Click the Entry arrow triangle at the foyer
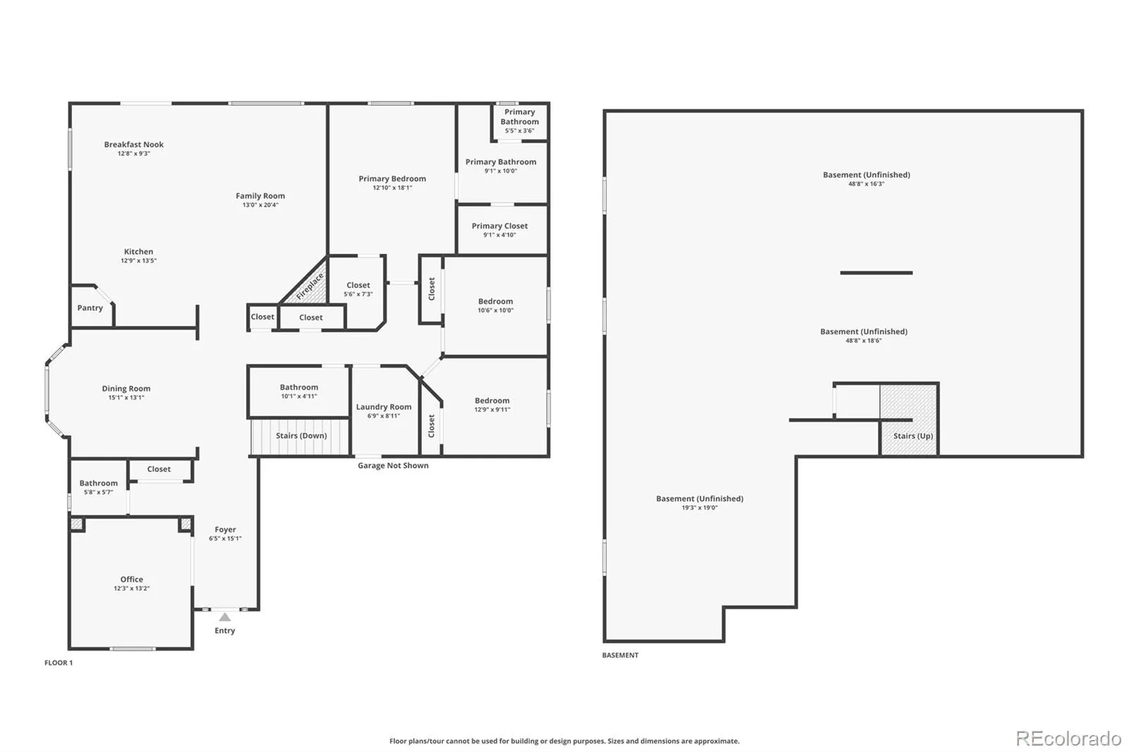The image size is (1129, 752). tap(225, 617)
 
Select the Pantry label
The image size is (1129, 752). tap(90, 308)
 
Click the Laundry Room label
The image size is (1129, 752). tap(384, 407)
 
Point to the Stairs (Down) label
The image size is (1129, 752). tap(301, 435)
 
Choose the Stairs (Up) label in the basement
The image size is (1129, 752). tap(913, 436)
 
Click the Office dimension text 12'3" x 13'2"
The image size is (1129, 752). tap(131, 588)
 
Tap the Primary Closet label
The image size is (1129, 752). tap(500, 226)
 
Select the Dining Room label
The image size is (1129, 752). tap(126, 389)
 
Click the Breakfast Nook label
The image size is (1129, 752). tap(133, 145)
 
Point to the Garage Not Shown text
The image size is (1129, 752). tap(393, 466)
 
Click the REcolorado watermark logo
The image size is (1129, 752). tap(1068, 739)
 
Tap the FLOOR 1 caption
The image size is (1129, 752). tap(59, 663)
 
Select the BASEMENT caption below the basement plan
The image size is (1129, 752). tap(620, 655)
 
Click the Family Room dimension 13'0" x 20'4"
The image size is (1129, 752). tap(260, 205)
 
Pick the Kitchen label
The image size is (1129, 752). tap(138, 252)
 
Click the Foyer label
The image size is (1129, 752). tap(225, 529)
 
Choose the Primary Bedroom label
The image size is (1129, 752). tap(392, 178)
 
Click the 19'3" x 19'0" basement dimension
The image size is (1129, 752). tap(699, 507)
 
